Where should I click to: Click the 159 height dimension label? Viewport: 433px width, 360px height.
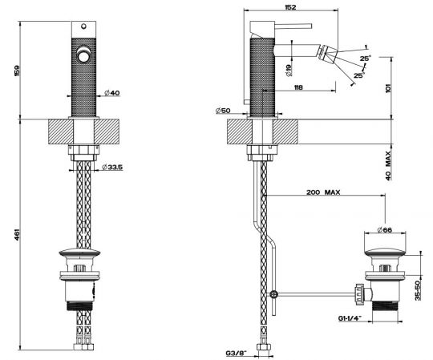pyautogui.click(x=17, y=71)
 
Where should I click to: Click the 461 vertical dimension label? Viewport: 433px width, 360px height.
pyautogui.click(x=17, y=235)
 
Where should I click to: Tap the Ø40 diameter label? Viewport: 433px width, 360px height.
pyautogui.click(x=112, y=93)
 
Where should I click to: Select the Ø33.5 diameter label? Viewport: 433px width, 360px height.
pyautogui.click(x=112, y=167)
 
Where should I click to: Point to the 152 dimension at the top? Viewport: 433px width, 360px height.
pyautogui.click(x=290, y=7)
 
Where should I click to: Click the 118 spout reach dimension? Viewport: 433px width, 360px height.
pyautogui.click(x=298, y=87)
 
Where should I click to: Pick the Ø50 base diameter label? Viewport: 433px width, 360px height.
pyautogui.click(x=223, y=111)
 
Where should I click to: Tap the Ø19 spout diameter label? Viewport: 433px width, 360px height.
pyautogui.click(x=289, y=71)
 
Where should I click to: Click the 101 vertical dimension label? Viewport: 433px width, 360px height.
pyautogui.click(x=388, y=88)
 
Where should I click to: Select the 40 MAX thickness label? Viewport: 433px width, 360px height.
pyautogui.click(x=388, y=166)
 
